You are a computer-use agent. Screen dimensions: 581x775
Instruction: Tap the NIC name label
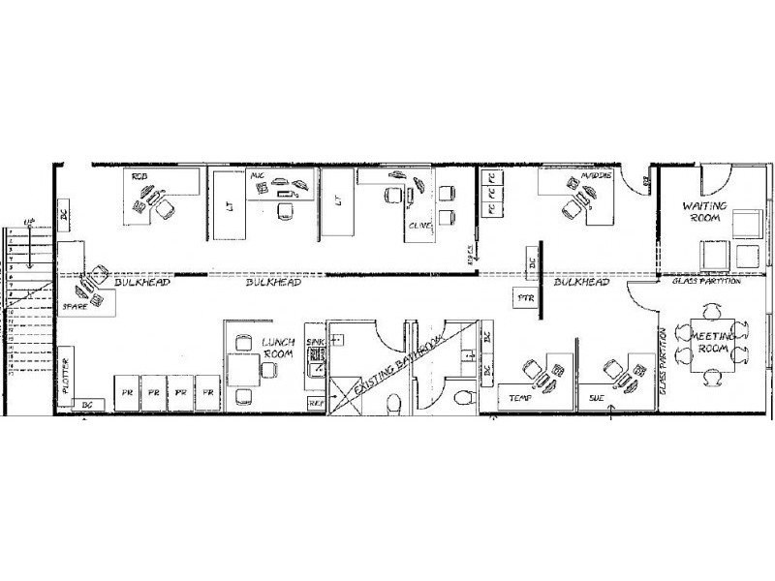(258, 175)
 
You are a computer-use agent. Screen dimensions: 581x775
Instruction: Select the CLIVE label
(419, 225)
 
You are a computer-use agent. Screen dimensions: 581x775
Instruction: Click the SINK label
(314, 343)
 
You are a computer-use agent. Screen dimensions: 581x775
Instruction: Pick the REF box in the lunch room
(316, 400)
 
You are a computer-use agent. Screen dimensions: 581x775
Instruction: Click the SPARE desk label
(77, 305)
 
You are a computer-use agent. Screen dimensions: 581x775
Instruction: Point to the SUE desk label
(597, 397)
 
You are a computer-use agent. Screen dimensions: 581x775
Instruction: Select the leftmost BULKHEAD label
(142, 283)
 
